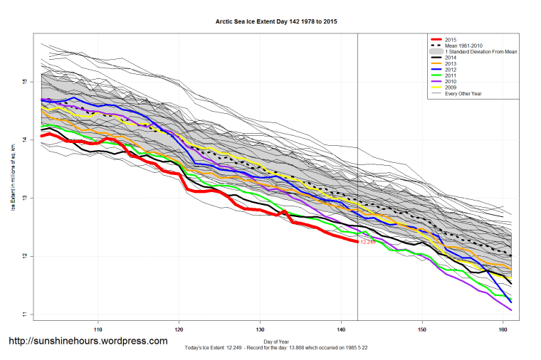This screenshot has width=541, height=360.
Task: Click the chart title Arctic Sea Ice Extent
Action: pos(276,22)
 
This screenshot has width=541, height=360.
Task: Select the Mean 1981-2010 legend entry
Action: pos(463,46)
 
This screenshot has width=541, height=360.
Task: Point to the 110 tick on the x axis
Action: pos(98,329)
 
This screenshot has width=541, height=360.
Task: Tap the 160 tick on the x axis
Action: pos(503,329)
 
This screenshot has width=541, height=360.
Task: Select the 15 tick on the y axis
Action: pos(24,82)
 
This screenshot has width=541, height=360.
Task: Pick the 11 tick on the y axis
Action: pos(24,314)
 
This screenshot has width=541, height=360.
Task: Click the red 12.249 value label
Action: pos(367,243)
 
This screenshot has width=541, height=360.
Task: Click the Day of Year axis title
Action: pos(276,342)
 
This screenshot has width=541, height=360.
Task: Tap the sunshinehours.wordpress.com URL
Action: pos(88,341)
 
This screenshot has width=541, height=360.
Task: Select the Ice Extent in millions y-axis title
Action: pos(12,175)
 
